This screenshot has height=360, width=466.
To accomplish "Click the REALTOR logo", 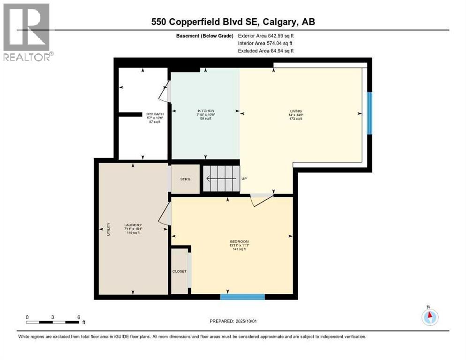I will (x=27, y=31).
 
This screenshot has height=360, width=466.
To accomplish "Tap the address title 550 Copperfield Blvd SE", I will (x=233, y=22).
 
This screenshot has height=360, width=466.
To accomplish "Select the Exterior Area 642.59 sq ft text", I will (x=266, y=36).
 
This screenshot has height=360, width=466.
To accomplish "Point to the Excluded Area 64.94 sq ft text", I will (x=266, y=51).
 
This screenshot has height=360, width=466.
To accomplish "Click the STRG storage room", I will (x=185, y=179).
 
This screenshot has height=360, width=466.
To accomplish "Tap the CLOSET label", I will (x=179, y=271).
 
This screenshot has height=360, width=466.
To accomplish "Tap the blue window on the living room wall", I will (x=369, y=113).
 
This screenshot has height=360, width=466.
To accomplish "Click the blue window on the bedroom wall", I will (x=242, y=296).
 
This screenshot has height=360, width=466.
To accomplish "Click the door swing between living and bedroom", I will (x=261, y=199).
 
